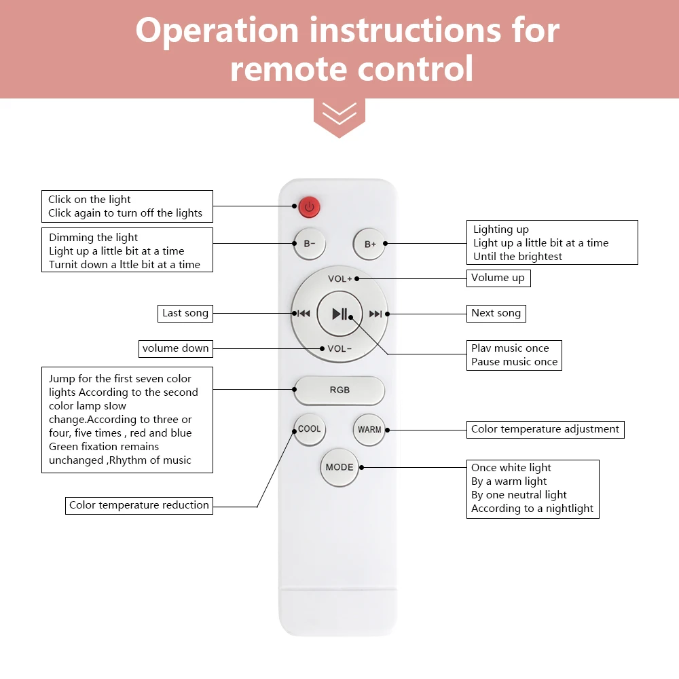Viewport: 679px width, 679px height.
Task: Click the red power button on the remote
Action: click(x=309, y=206)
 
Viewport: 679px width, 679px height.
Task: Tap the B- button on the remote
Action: click(x=310, y=244)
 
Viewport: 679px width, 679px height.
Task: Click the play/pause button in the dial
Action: click(x=339, y=314)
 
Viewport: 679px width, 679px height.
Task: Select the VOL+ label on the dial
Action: click(x=339, y=278)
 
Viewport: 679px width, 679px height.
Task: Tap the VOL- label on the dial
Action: click(x=339, y=349)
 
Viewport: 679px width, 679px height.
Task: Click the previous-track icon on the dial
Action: click(x=304, y=314)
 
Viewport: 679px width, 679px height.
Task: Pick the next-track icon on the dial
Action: click(x=375, y=314)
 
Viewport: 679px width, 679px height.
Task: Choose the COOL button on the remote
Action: click(x=310, y=429)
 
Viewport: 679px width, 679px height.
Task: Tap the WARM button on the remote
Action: click(x=369, y=430)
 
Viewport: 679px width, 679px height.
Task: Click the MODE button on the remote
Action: click(x=339, y=467)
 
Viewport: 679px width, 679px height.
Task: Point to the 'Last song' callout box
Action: click(x=185, y=313)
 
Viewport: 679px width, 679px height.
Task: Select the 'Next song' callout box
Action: click(x=496, y=313)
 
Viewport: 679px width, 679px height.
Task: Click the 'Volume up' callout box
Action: click(x=498, y=277)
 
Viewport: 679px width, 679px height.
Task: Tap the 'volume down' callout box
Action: click(x=176, y=348)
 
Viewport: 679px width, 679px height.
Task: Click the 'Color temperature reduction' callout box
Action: click(x=139, y=505)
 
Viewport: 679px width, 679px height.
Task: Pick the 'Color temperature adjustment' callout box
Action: click(x=545, y=429)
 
